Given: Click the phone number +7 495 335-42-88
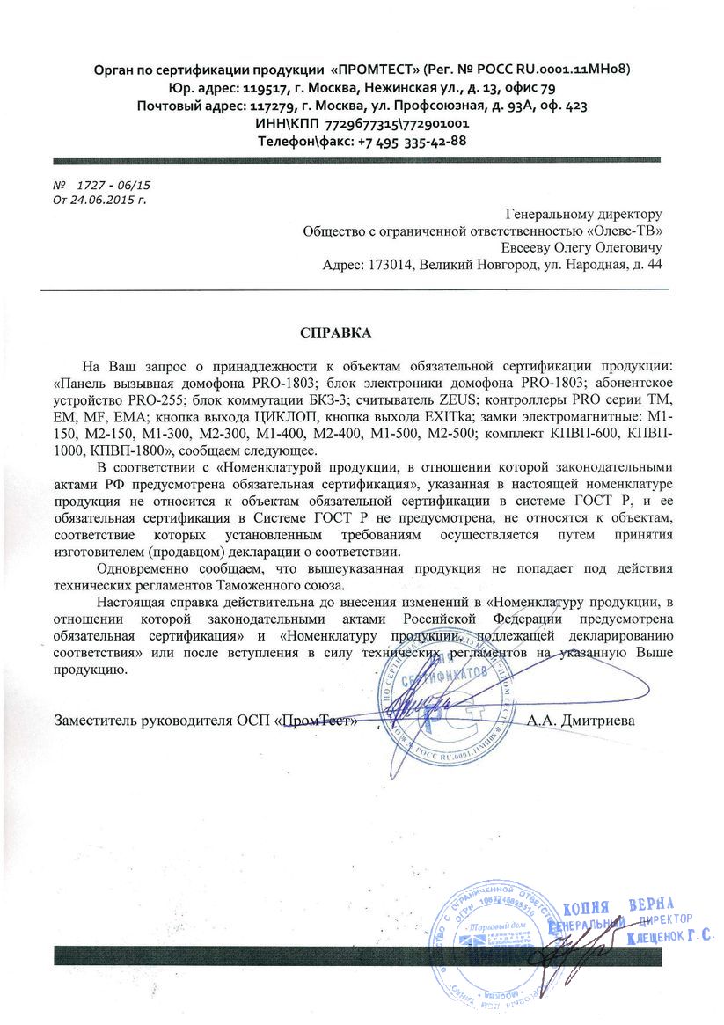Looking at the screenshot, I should pyautogui.click(x=412, y=140).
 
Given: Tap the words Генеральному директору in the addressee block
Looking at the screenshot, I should pyautogui.click(x=584, y=214).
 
